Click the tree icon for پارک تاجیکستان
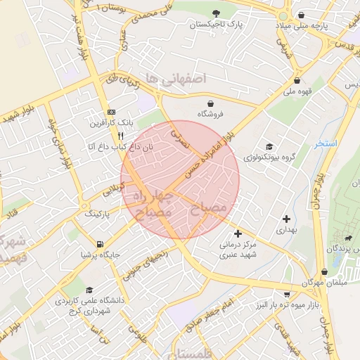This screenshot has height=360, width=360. [x=217, y=13]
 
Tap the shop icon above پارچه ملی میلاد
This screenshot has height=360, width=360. [x=302, y=15]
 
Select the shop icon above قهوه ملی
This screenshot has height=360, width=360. [x=297, y=80]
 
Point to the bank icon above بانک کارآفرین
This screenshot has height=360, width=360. [x=111, y=112]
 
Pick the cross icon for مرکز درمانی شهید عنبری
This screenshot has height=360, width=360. [x=238, y=233]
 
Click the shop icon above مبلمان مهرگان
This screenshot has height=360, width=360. [x=324, y=271]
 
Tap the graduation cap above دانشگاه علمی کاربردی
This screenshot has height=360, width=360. [x=89, y=290]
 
